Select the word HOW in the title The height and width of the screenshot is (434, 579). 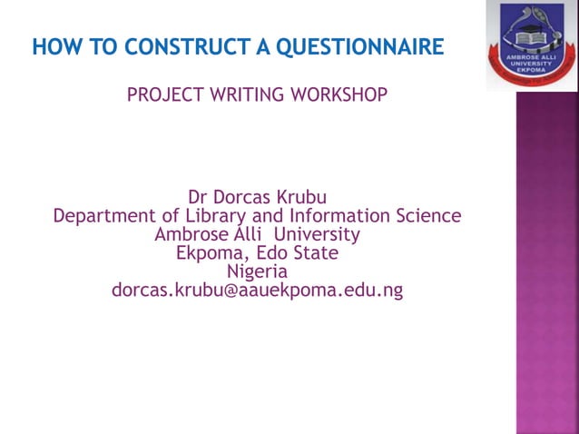point(51,46)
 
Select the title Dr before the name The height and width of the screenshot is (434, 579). point(197,197)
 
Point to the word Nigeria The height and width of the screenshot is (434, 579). point(257,271)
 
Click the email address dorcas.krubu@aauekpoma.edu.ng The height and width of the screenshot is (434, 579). point(257,291)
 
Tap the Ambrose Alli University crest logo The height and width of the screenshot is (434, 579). point(532,44)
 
